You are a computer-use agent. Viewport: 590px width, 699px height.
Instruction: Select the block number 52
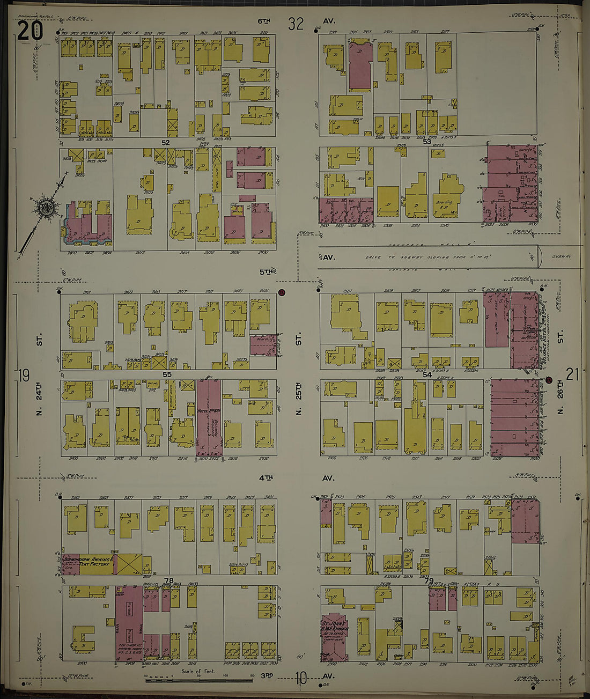click(x=166, y=143)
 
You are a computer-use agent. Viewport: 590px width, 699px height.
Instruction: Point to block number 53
click(x=427, y=142)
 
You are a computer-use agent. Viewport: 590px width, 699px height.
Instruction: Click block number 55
click(x=167, y=374)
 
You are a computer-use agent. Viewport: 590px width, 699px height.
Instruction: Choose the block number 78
click(x=169, y=580)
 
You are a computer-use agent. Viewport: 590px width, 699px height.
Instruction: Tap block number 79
click(x=429, y=581)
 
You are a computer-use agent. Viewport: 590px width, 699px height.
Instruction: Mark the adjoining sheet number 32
click(x=296, y=24)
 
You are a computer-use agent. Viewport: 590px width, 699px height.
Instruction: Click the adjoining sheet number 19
click(x=23, y=375)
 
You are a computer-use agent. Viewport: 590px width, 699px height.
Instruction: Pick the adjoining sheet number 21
click(x=572, y=374)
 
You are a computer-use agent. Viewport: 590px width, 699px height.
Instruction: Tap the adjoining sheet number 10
click(x=300, y=679)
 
